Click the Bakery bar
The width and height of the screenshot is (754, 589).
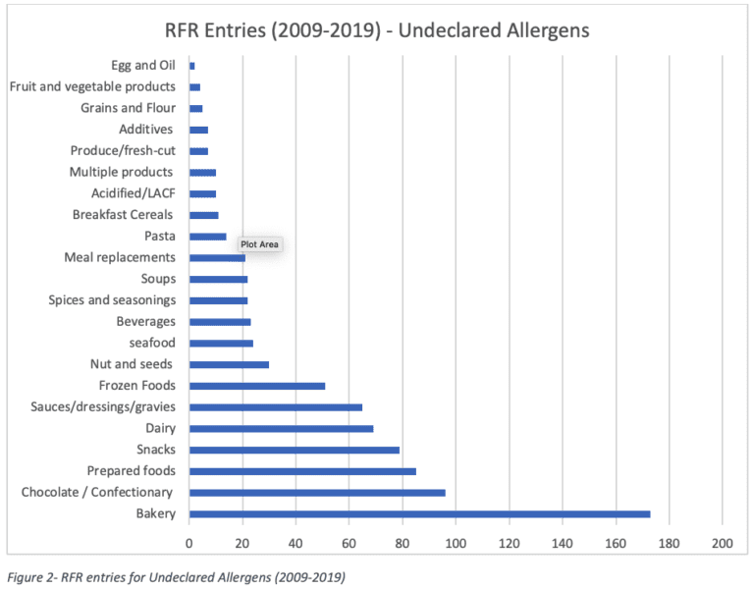(x=419, y=513)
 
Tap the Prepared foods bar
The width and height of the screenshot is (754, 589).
(x=302, y=471)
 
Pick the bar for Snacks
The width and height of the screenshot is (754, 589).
(x=295, y=450)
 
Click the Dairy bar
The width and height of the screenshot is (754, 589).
(x=281, y=428)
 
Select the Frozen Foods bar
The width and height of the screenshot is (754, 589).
(x=257, y=386)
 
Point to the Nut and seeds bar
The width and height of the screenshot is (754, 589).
(x=229, y=364)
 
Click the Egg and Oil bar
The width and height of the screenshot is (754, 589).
(x=192, y=66)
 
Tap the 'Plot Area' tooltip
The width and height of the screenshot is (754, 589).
(x=260, y=244)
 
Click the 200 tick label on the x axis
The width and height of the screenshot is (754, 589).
(x=722, y=541)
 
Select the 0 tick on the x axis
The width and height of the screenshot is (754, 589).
(x=189, y=541)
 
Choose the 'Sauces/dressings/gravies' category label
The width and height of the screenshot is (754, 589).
(x=96, y=406)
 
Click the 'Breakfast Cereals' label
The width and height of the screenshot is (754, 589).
(x=123, y=214)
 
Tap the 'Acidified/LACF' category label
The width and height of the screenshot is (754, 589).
(x=133, y=193)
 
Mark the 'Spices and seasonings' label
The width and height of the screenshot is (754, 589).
(x=112, y=299)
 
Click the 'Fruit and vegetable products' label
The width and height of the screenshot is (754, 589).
(x=92, y=86)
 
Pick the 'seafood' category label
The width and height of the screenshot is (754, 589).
(x=152, y=343)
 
